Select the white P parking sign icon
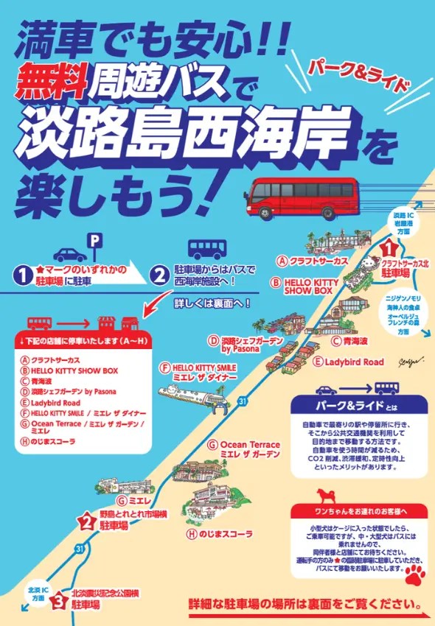[94, 239]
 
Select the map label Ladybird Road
[349, 362]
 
